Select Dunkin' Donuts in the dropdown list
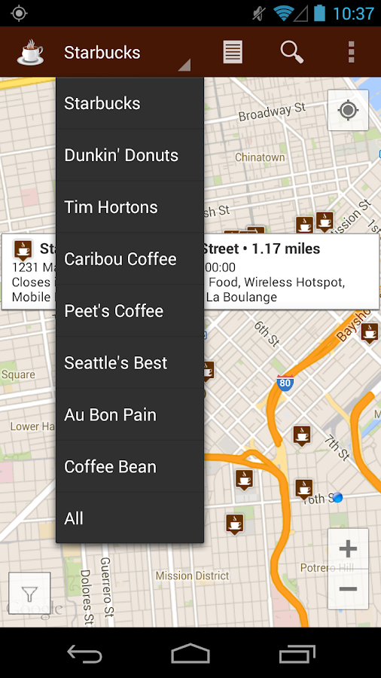[121, 156]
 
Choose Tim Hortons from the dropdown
[111, 207]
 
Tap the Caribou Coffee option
[120, 259]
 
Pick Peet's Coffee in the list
[114, 311]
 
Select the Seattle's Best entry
[116, 363]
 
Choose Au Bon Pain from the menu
[111, 415]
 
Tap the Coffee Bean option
[111, 467]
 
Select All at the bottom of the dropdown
[74, 518]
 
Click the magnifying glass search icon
[291, 52]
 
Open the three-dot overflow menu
[351, 52]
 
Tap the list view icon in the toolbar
[233, 52]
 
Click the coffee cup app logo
[30, 52]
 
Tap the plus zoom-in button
[348, 548]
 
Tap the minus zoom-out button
[348, 588]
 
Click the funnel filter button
[29, 594]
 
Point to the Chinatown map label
[260, 157]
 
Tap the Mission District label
[192, 576]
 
